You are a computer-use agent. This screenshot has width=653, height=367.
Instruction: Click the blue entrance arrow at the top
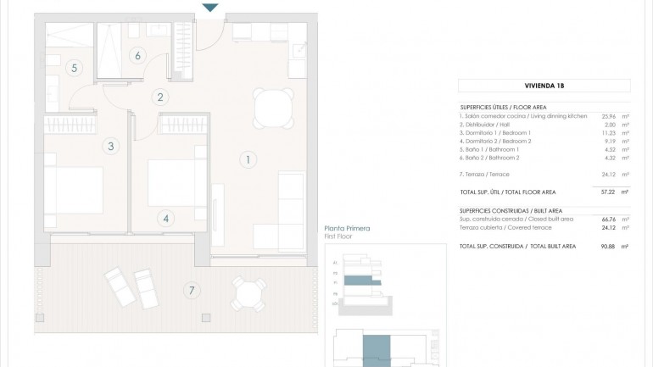pos(210,8)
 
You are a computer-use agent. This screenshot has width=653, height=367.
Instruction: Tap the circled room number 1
pos(248,158)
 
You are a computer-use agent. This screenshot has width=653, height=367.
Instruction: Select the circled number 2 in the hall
pos(159,97)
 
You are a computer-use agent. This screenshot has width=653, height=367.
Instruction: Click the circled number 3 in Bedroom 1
pos(111,146)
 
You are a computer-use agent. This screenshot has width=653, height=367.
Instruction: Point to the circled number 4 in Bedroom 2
pos(165,218)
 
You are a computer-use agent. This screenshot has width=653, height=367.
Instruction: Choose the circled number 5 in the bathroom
pos(75,67)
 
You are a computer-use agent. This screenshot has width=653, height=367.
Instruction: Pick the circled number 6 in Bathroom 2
pos(137,56)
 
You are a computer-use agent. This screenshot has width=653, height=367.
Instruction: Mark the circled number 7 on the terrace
pos(192,291)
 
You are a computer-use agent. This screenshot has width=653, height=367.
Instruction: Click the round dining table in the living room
pos(271,107)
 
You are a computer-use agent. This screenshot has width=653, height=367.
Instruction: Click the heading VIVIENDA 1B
pos(544,85)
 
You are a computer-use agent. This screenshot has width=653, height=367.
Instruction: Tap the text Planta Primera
pos(348,229)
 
